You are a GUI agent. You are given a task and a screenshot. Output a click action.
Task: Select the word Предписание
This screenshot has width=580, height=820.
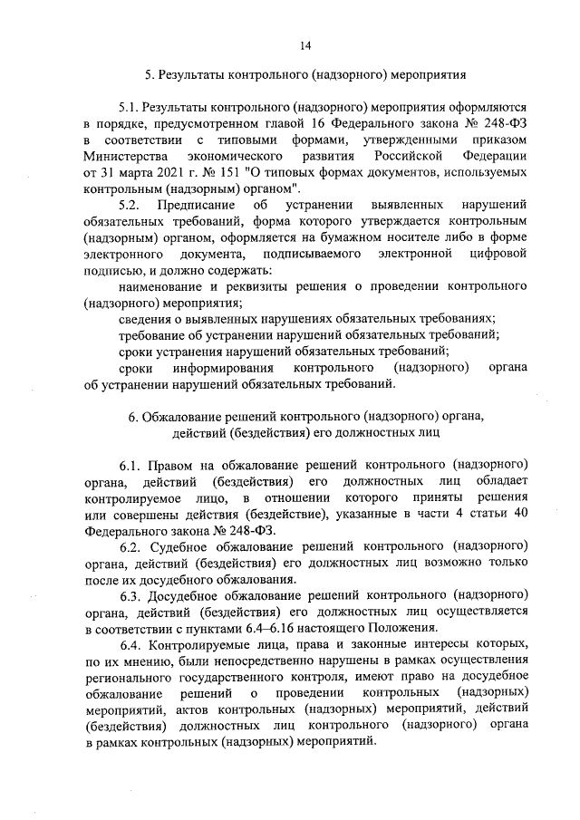[x=195, y=205]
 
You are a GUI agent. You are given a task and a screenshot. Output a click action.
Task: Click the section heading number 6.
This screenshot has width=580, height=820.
[x=132, y=417]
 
